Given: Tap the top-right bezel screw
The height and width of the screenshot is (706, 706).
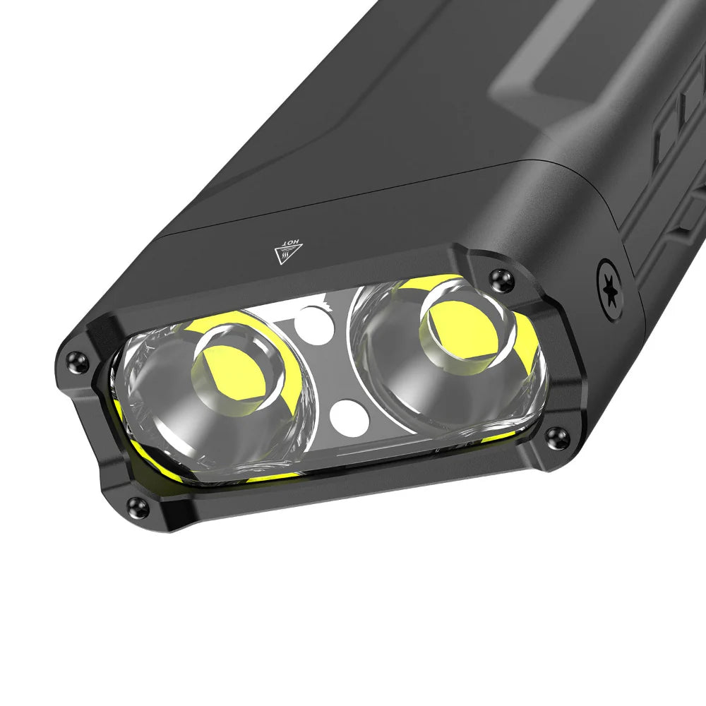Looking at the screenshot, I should pyautogui.click(x=502, y=281).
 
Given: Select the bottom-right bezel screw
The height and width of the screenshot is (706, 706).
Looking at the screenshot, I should pyautogui.click(x=557, y=437).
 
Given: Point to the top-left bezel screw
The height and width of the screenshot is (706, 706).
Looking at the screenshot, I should pyautogui.click(x=77, y=361).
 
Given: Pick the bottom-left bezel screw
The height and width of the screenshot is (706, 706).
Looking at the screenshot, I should pyautogui.click(x=138, y=505).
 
